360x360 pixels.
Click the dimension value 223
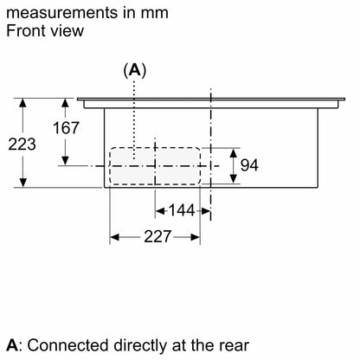(22, 144)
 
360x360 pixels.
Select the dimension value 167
(66, 128)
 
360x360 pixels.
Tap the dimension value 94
(249, 165)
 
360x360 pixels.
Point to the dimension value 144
(182, 210)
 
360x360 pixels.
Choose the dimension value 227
(157, 236)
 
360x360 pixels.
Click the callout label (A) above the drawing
(135, 70)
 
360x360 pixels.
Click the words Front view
(45, 31)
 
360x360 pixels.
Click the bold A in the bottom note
(12, 345)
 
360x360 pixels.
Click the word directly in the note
(140, 346)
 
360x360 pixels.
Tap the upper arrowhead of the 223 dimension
(22, 103)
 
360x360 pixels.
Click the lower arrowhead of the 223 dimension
(22, 183)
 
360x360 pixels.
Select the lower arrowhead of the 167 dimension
(66, 161)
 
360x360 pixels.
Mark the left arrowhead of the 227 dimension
(114, 237)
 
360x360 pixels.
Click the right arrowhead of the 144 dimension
(206, 211)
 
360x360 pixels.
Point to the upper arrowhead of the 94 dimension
(234, 153)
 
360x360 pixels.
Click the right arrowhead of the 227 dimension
(195, 237)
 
